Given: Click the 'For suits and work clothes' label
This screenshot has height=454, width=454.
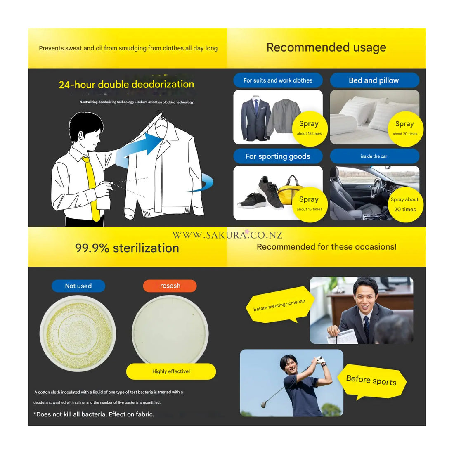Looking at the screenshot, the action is pyautogui.click(x=278, y=80).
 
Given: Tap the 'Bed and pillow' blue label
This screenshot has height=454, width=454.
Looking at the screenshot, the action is pyautogui.click(x=374, y=80).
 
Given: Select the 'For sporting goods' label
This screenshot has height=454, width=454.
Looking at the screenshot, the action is pyautogui.click(x=278, y=156).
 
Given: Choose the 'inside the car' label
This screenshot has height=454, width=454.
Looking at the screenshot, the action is pyautogui.click(x=374, y=156).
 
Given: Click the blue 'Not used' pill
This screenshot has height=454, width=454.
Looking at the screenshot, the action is pyautogui.click(x=78, y=286).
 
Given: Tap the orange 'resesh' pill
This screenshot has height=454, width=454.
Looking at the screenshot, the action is pyautogui.click(x=170, y=286).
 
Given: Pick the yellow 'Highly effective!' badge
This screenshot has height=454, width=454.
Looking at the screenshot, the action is pyautogui.click(x=171, y=371).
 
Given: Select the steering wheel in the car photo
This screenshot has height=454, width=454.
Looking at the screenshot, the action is pyautogui.click(x=378, y=189).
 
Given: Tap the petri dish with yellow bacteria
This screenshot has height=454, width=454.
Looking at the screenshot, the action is pyautogui.click(x=78, y=333).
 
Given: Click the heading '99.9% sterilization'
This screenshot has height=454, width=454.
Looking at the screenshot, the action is pyautogui.click(x=127, y=248).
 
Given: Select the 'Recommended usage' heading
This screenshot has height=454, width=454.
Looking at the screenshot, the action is pyautogui.click(x=326, y=47).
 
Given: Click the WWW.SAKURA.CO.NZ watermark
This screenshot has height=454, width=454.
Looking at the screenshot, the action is pyautogui.click(x=227, y=235).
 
